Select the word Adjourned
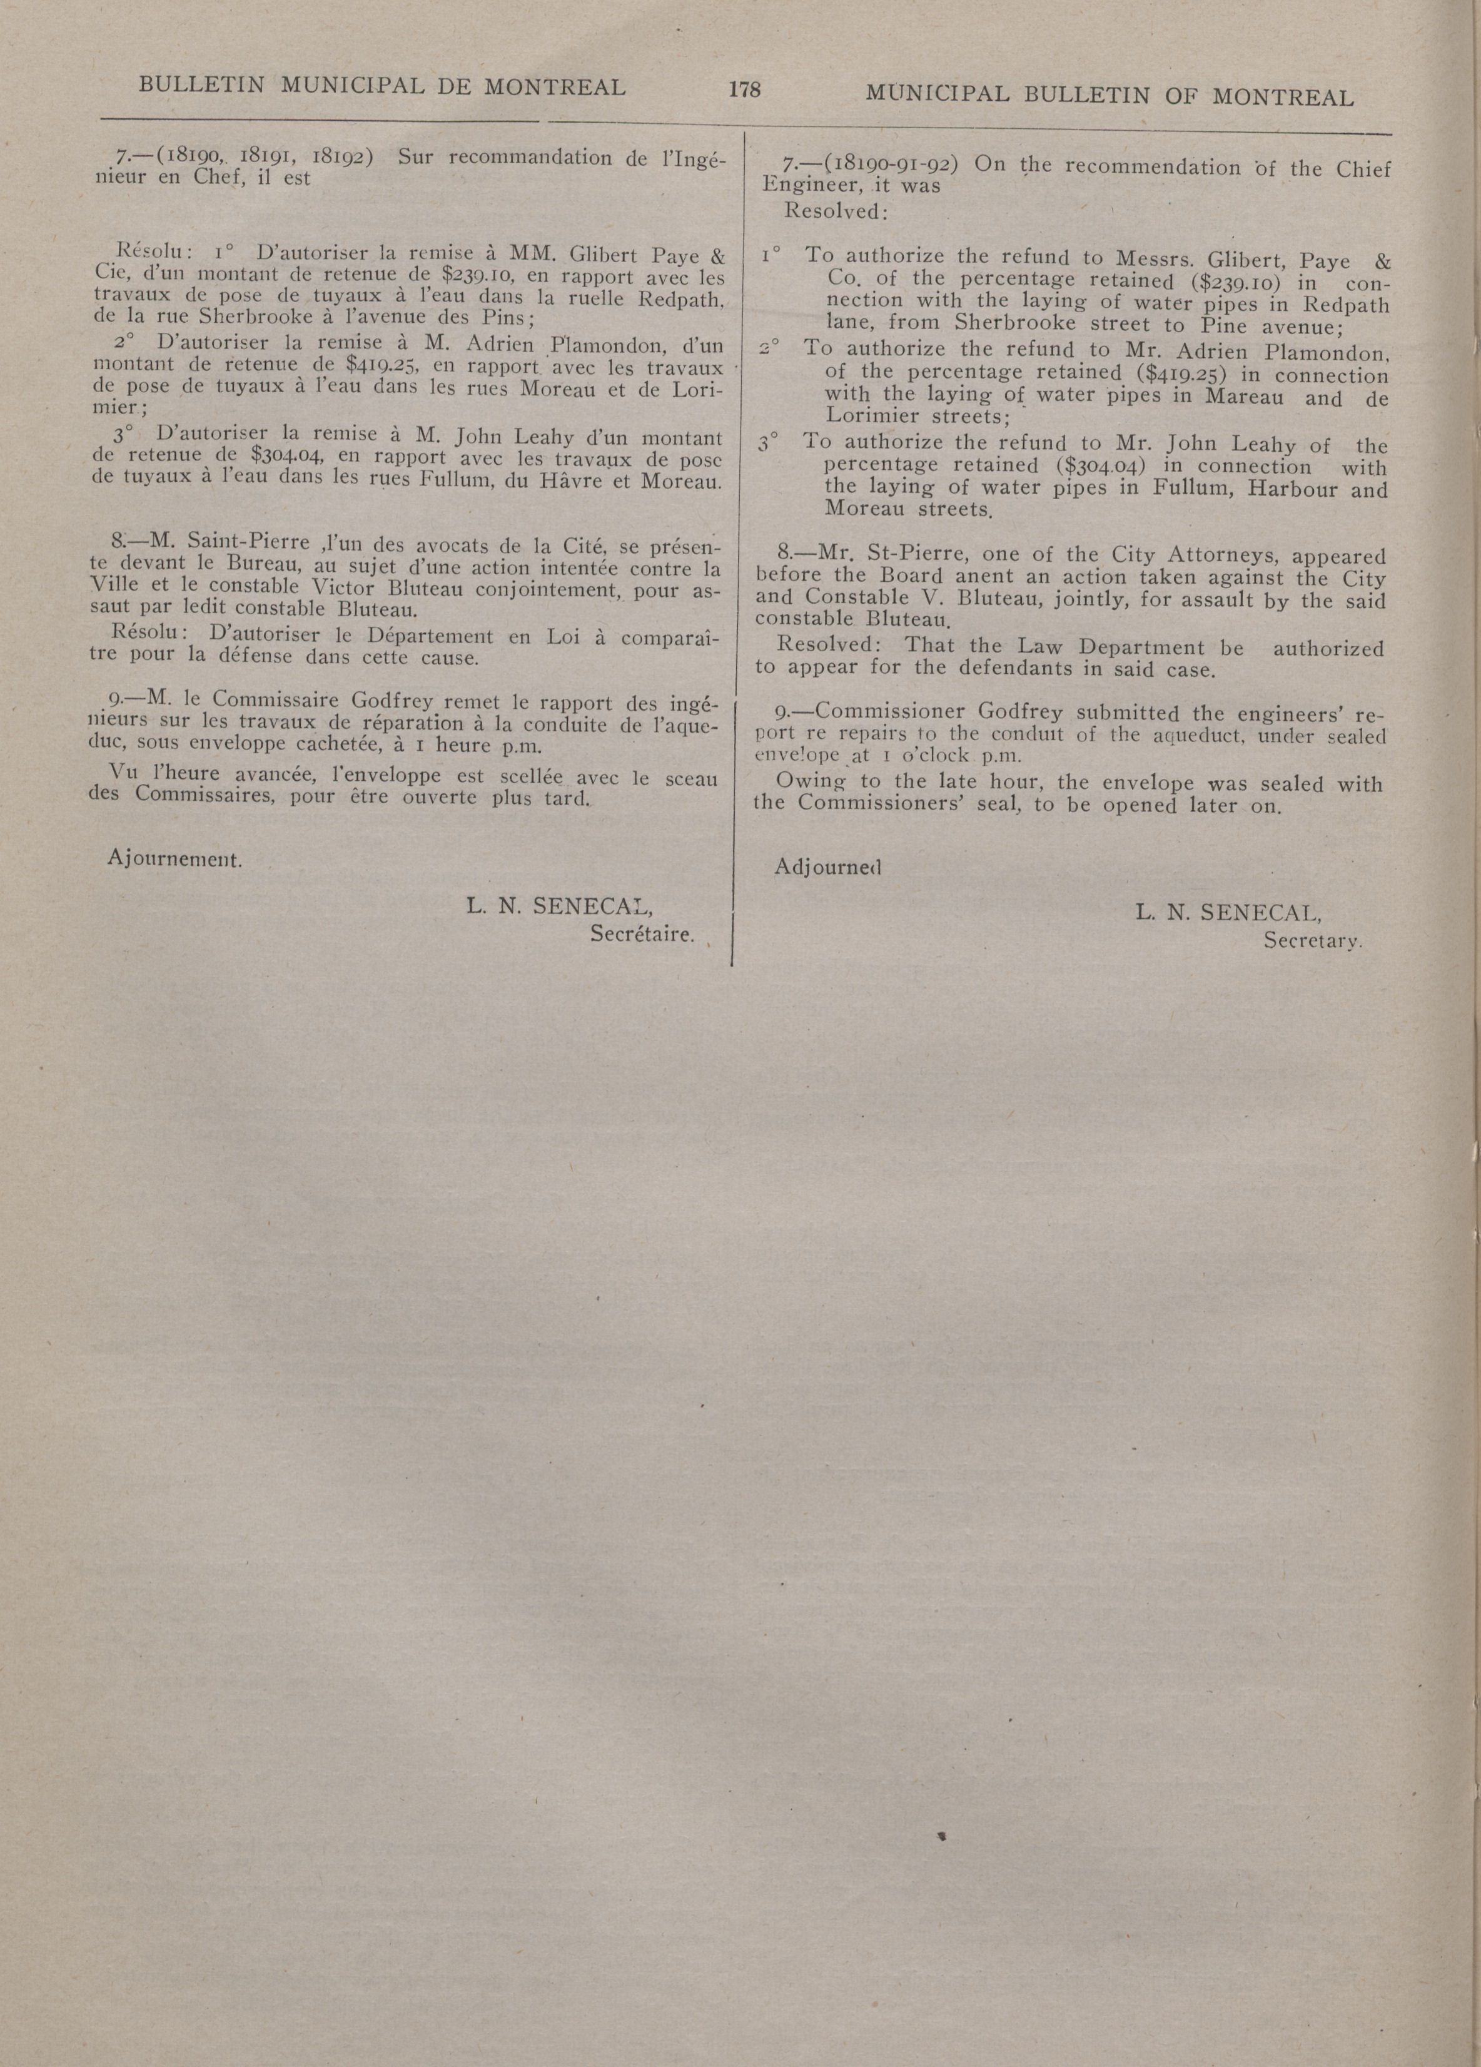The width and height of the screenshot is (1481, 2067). [x=827, y=866]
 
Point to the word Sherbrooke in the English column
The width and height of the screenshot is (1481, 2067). [x=1015, y=323]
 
